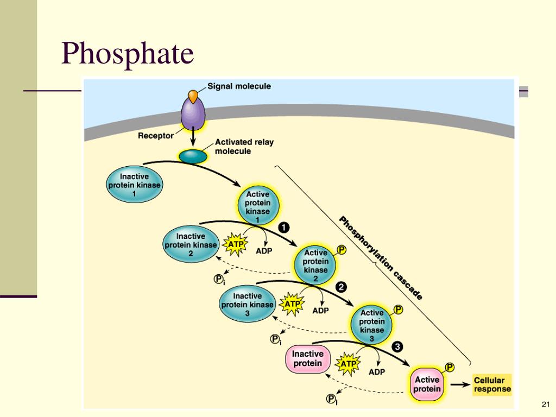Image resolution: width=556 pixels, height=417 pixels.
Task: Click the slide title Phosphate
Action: pyautogui.click(x=128, y=54)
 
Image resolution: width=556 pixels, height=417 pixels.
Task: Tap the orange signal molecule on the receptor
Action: pyautogui.click(x=193, y=96)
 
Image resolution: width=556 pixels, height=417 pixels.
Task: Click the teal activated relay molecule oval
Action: pyautogui.click(x=193, y=156)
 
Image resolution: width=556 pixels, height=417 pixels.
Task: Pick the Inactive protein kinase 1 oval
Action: pyautogui.click(x=134, y=185)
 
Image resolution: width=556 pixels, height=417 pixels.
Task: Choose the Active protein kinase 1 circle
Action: pyautogui.click(x=257, y=207)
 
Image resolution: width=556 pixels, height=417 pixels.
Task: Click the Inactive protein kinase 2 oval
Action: pyautogui.click(x=191, y=245)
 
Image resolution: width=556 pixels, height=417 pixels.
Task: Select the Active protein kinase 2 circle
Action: pyautogui.click(x=315, y=266)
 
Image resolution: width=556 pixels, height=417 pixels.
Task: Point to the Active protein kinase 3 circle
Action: pyautogui.click(x=372, y=326)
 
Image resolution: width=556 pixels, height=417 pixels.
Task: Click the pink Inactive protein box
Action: pyautogui.click(x=307, y=359)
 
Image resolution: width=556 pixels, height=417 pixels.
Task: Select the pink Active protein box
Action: pyautogui.click(x=427, y=385)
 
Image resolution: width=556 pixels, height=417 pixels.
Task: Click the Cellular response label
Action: pyautogui.click(x=492, y=385)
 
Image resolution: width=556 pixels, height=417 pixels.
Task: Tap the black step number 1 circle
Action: pyautogui.click(x=284, y=227)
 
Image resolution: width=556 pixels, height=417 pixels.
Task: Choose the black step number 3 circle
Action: pyautogui.click(x=397, y=346)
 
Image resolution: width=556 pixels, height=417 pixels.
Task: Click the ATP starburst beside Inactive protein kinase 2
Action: pyautogui.click(x=236, y=245)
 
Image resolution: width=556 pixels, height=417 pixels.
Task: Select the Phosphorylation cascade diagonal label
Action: pyautogui.click(x=380, y=257)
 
